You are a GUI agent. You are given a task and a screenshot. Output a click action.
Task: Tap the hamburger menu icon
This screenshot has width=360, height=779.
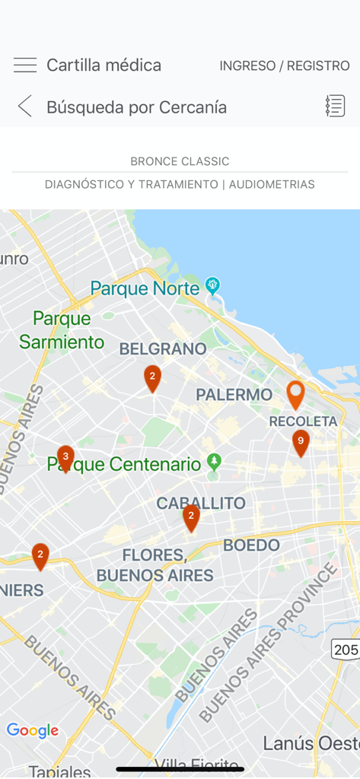click(25, 65)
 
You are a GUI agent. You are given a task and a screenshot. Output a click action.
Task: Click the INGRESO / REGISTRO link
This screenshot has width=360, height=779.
click(285, 66)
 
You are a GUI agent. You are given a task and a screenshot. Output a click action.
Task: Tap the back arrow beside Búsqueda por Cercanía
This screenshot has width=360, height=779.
click(25, 107)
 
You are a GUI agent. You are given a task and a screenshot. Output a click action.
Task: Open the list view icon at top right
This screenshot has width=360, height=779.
click(335, 107)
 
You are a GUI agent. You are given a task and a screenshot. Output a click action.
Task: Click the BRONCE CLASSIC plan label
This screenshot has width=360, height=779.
click(180, 161)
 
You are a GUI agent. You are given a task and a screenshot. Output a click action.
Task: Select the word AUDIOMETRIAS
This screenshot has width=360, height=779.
click(272, 184)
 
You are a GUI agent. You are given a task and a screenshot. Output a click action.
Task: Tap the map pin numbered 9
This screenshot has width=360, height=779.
click(301, 442)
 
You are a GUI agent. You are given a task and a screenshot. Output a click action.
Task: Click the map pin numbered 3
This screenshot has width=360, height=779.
click(65, 458)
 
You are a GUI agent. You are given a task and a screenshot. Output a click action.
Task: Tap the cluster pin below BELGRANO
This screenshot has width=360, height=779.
click(152, 377)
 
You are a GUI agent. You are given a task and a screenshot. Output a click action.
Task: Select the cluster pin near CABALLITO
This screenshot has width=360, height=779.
click(191, 517)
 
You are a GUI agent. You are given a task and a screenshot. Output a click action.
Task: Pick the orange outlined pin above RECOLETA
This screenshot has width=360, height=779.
click(295, 394)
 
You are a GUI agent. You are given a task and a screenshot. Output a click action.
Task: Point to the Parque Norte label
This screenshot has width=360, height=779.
click(145, 288)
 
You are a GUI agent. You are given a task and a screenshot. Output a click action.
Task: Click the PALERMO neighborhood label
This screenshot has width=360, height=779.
click(234, 395)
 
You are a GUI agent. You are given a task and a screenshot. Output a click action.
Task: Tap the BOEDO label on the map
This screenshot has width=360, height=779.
click(252, 545)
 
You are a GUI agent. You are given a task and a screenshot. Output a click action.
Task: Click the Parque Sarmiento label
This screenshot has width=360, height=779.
click(62, 330)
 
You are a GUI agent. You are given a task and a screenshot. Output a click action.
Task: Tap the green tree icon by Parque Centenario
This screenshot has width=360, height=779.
click(215, 462)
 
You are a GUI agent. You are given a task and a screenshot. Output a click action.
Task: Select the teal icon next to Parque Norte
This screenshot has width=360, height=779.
click(213, 286)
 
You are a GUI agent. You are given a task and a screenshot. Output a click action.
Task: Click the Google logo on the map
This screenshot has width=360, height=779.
click(33, 731)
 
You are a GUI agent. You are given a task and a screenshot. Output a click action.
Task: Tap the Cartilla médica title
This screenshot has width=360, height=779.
click(104, 65)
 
